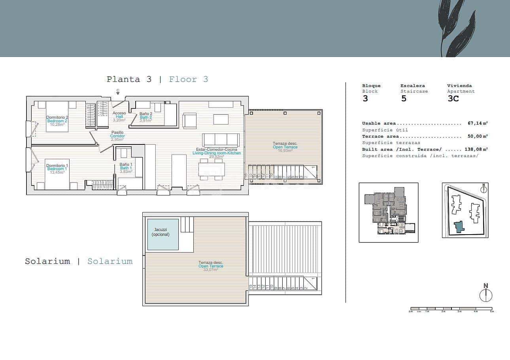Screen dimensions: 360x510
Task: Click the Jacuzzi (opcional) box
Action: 163,234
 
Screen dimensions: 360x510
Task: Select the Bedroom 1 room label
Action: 57,169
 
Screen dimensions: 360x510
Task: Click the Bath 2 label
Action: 145,117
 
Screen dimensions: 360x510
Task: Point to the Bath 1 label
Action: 126,168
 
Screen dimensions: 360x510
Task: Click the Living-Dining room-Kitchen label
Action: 216,153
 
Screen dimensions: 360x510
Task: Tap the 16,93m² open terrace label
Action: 285,147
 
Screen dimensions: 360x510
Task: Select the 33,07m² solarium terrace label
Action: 211,266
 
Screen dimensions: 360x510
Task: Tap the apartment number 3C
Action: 453,99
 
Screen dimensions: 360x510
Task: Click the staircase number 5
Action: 404,99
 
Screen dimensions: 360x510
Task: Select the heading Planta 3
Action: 129,79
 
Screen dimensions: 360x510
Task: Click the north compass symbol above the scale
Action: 485,295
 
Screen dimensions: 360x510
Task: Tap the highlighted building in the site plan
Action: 459,227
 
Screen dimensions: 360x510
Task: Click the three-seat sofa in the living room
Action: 221,140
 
